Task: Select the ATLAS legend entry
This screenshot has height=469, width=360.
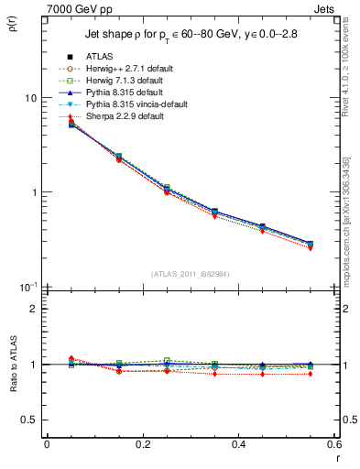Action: click(x=99, y=57)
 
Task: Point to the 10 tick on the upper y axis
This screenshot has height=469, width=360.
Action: click(x=32, y=98)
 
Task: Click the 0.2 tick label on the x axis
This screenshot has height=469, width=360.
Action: click(x=142, y=444)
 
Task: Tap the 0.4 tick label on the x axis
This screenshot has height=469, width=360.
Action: click(x=238, y=444)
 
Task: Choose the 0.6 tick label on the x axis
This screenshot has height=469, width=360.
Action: click(x=333, y=444)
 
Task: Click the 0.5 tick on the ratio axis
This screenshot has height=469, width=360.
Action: click(x=30, y=420)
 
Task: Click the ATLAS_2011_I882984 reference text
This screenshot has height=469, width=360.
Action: click(x=191, y=273)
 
